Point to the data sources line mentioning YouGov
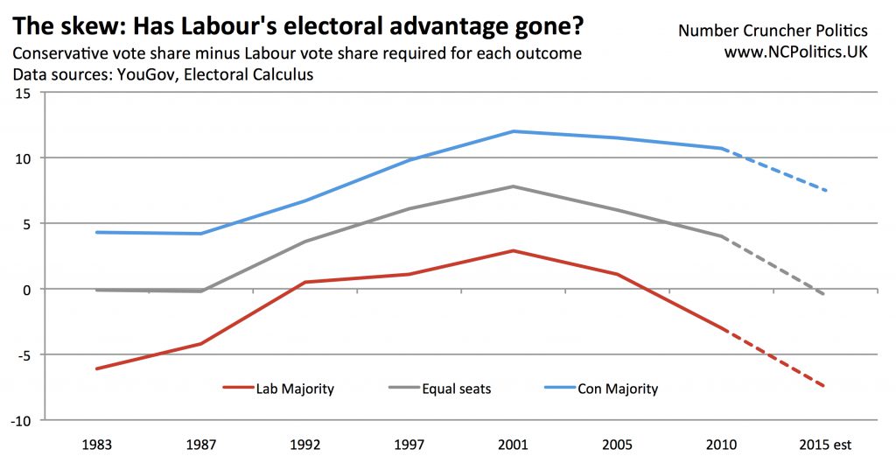tap(162, 75)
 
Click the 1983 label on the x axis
tap(96, 444)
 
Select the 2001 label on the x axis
tap(514, 444)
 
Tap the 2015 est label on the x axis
tap(826, 444)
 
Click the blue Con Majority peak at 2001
tap(514, 131)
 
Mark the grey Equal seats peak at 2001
tap(514, 186)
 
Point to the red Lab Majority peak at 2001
tap(514, 251)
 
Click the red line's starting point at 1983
tap(96, 368)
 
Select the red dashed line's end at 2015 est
tap(825, 387)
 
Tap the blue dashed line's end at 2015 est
tap(825, 191)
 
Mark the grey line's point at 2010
tap(722, 236)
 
